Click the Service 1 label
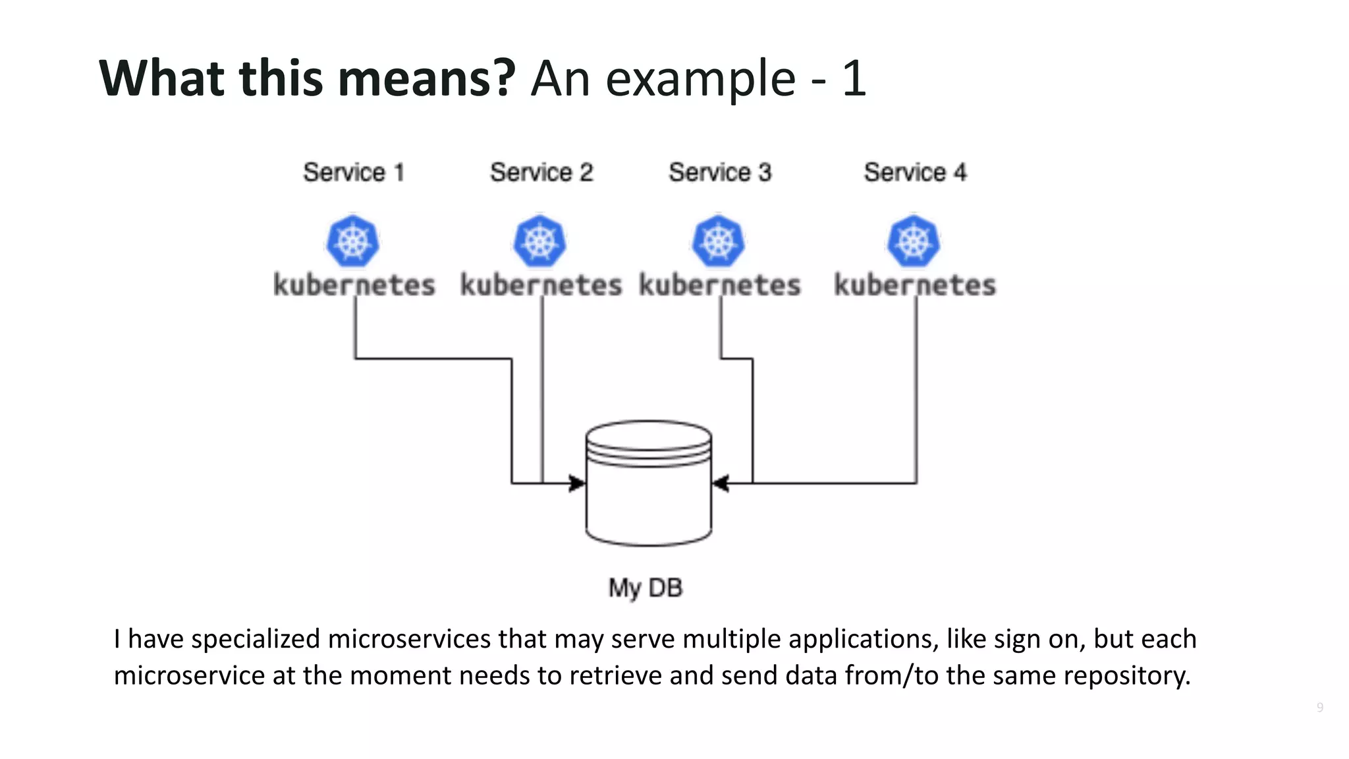tap(354, 173)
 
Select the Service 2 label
tap(541, 173)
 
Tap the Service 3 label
tap(720, 173)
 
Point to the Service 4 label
tap(915, 173)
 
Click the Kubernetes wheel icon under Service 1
tap(353, 241)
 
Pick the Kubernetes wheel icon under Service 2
tap(540, 241)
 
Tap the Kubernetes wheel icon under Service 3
tap(719, 241)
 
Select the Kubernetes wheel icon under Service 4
tap(914, 241)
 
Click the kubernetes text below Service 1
tap(354, 285)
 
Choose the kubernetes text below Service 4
tap(915, 285)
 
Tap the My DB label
tap(646, 588)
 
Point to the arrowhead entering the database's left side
tap(577, 484)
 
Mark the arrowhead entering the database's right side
tap(721, 484)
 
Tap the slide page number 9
tap(1319, 707)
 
